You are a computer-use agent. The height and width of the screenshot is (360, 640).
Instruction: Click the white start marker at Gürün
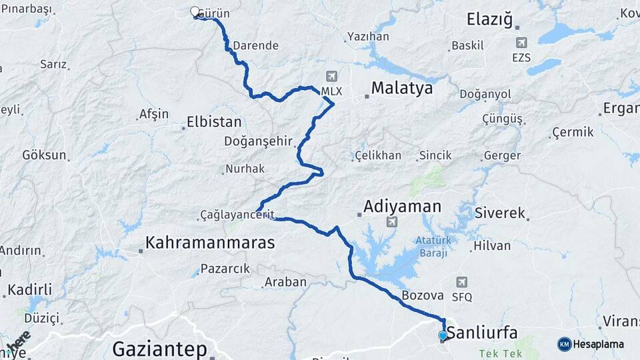(x=195, y=11)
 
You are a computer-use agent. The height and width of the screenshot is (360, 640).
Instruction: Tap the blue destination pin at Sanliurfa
(x=442, y=335)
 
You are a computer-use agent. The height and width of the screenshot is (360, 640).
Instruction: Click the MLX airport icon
(x=332, y=77)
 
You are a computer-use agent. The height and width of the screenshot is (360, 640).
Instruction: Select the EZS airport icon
(x=521, y=43)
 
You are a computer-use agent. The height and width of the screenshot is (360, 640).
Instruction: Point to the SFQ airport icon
(x=462, y=282)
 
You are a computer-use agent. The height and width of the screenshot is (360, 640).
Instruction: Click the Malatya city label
(x=401, y=88)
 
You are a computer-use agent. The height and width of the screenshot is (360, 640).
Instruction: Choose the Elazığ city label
(x=490, y=19)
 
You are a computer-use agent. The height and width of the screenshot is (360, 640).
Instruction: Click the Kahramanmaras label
(x=210, y=243)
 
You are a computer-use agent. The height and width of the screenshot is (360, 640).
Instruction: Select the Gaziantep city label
(x=159, y=348)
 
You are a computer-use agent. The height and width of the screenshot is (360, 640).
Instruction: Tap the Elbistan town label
(x=214, y=122)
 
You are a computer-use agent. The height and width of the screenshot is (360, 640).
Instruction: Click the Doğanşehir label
(x=259, y=141)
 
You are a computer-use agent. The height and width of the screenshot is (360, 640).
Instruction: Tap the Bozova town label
(x=423, y=295)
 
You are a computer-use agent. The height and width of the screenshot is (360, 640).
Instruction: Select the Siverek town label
(x=500, y=214)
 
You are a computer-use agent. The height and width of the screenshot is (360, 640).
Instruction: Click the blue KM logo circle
(x=564, y=344)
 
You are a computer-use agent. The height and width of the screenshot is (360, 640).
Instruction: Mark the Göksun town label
(x=45, y=155)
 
